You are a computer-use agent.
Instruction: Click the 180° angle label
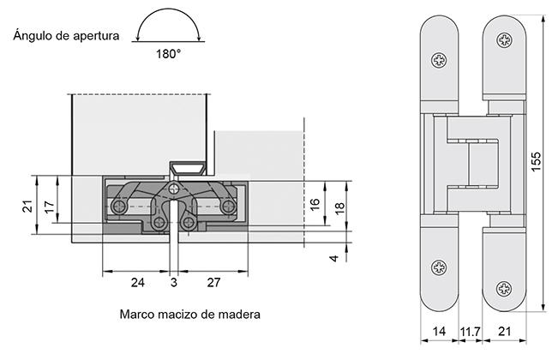click(x=168, y=53)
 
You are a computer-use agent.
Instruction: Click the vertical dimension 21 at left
click(x=27, y=205)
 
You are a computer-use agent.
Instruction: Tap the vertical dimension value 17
click(x=49, y=205)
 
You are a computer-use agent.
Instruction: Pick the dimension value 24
click(x=138, y=282)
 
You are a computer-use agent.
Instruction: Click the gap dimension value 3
click(x=174, y=282)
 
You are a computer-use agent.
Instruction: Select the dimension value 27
click(x=214, y=282)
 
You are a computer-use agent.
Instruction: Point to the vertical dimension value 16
click(x=315, y=205)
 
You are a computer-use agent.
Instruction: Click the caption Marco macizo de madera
click(x=190, y=314)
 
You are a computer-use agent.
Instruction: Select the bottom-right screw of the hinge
click(x=504, y=267)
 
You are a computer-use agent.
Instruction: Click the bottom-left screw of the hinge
click(x=440, y=267)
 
